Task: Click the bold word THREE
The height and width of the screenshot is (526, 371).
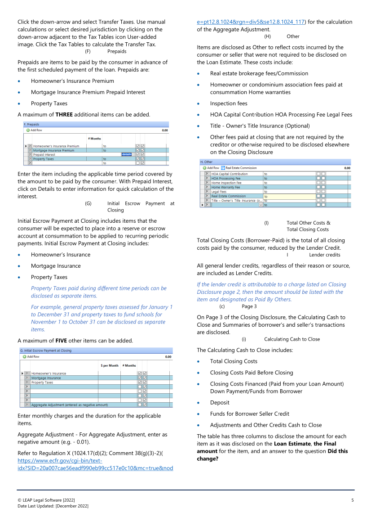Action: point(64,115)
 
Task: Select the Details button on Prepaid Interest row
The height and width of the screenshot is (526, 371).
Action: point(126,154)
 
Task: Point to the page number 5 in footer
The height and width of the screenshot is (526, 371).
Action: point(353,500)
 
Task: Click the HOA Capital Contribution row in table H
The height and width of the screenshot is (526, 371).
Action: point(230,174)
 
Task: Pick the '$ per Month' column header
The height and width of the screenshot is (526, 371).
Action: point(110,365)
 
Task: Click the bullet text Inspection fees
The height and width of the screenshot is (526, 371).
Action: point(229,103)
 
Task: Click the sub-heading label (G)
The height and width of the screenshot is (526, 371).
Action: point(88,203)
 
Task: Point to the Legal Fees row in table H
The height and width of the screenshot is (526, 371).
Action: point(219,192)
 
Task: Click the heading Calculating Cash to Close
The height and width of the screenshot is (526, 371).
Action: point(292,339)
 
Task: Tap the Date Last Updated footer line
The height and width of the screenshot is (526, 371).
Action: point(53,506)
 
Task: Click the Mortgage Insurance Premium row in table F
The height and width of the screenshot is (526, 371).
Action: point(53,150)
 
